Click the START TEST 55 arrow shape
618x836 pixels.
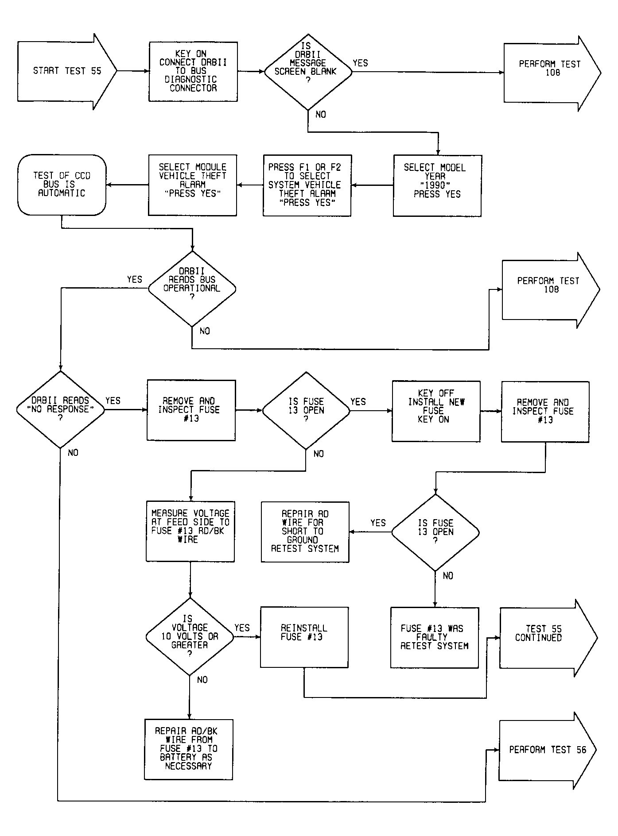[67, 71]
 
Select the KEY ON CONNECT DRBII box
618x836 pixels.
[193, 72]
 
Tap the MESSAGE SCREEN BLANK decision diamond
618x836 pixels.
[308, 72]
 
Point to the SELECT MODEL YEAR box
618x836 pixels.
[437, 185]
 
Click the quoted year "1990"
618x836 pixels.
[435, 185]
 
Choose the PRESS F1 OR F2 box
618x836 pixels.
[307, 185]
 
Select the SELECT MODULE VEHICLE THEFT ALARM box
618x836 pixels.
[192, 185]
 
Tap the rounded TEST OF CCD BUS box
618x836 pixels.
[62, 185]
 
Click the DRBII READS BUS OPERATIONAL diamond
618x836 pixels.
[192, 289]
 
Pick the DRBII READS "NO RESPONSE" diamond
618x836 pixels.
[61, 409]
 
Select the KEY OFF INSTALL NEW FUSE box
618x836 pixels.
[436, 411]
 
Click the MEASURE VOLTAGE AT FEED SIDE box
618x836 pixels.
[190, 532]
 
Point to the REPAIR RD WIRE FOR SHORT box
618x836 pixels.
[305, 532]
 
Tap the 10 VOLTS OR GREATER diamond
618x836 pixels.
[190, 637]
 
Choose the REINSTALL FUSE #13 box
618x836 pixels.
[304, 637]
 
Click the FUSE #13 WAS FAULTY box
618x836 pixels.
[435, 638]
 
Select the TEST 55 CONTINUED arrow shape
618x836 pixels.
[548, 638]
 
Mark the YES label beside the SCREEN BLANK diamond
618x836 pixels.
[360, 63]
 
